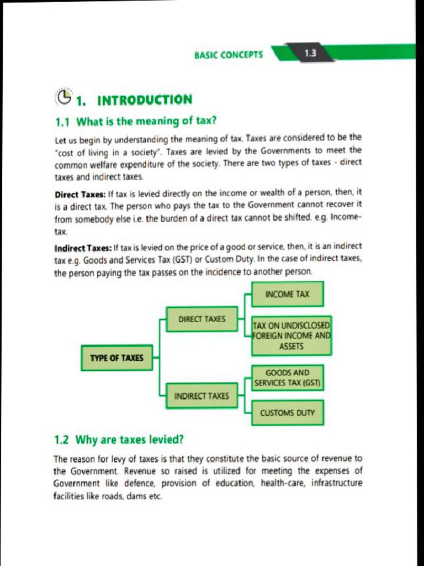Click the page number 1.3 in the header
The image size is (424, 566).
(310, 54)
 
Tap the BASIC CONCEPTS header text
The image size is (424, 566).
(229, 55)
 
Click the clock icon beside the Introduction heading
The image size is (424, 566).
(65, 97)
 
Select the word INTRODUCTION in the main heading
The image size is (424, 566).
(145, 100)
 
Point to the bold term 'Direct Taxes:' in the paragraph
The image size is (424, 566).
(80, 194)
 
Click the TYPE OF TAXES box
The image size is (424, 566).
(116, 358)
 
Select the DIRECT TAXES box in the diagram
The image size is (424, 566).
(202, 319)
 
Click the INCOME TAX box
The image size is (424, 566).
(287, 294)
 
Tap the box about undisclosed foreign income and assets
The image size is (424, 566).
(291, 336)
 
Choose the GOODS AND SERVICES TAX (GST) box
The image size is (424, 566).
(287, 378)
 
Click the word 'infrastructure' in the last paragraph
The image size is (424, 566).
(337, 483)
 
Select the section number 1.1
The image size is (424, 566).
(62, 120)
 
